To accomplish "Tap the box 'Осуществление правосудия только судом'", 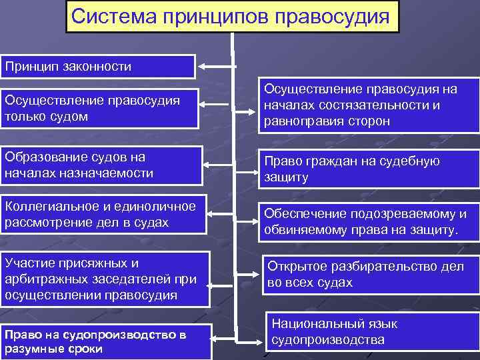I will (x=99, y=108).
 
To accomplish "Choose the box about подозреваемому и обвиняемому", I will (x=367, y=222).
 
